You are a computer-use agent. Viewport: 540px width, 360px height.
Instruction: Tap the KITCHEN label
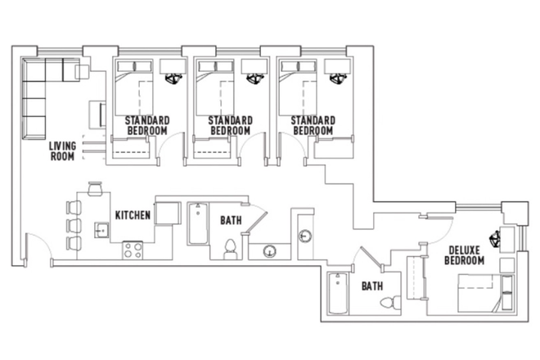[132, 215]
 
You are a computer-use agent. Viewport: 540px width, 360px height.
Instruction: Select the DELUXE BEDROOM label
[464, 254]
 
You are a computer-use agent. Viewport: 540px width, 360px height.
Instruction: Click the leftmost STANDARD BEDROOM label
[147, 125]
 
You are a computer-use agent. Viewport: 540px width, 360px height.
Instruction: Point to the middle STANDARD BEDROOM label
[230, 125]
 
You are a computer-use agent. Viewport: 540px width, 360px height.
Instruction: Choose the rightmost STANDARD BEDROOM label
[313, 125]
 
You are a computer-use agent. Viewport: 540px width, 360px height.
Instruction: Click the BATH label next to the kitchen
[230, 220]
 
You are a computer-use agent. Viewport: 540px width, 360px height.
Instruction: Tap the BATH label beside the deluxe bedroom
[373, 286]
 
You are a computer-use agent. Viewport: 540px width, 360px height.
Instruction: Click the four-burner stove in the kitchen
[132, 250]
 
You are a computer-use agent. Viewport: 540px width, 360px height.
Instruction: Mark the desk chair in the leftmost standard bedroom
[173, 80]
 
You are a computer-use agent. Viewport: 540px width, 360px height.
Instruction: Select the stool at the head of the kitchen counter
[92, 188]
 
